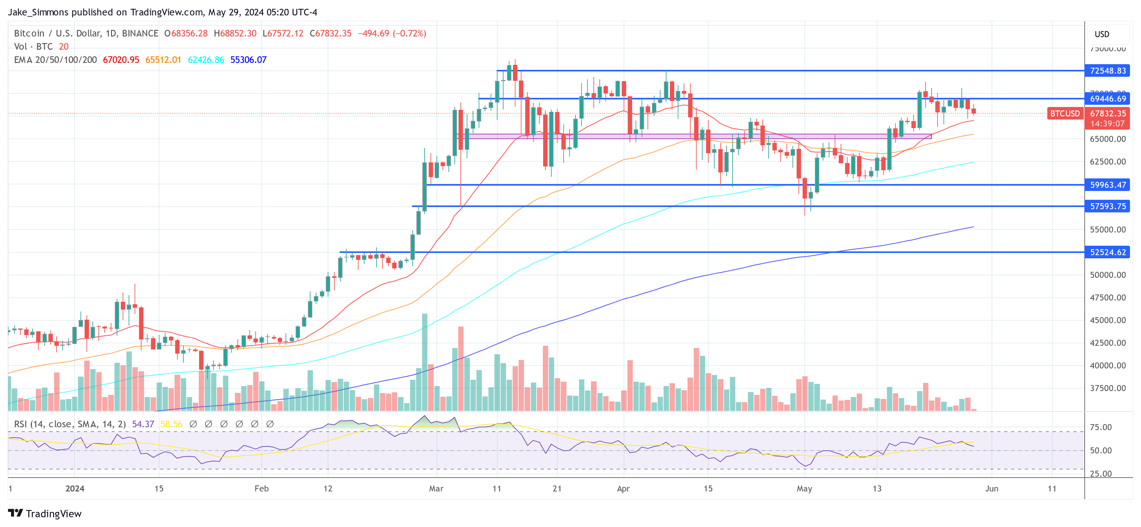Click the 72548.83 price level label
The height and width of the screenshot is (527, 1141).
point(1107,71)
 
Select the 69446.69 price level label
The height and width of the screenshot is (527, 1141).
point(1107,99)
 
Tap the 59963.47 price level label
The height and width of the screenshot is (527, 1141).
point(1107,185)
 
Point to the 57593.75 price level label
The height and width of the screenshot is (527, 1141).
point(1107,206)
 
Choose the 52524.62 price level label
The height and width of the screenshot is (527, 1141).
point(1107,252)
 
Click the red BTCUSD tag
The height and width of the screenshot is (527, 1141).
point(1064,114)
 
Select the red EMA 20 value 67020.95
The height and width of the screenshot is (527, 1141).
point(121,60)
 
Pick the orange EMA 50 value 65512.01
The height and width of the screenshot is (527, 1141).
point(163,60)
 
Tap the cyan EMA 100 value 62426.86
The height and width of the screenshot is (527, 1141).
point(206,60)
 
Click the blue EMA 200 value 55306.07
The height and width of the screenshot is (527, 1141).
point(248,60)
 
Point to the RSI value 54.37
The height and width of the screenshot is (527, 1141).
point(143,424)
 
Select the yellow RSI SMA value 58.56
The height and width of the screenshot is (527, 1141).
point(171,424)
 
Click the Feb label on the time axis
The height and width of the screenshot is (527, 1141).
point(261,488)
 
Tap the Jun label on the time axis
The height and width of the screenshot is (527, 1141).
point(991,488)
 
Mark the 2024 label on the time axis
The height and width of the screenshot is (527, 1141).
point(75,488)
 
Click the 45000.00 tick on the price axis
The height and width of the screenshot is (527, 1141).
point(1107,320)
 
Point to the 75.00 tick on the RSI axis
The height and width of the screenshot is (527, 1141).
point(1101,427)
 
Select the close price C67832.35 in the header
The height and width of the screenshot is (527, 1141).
point(331,34)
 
